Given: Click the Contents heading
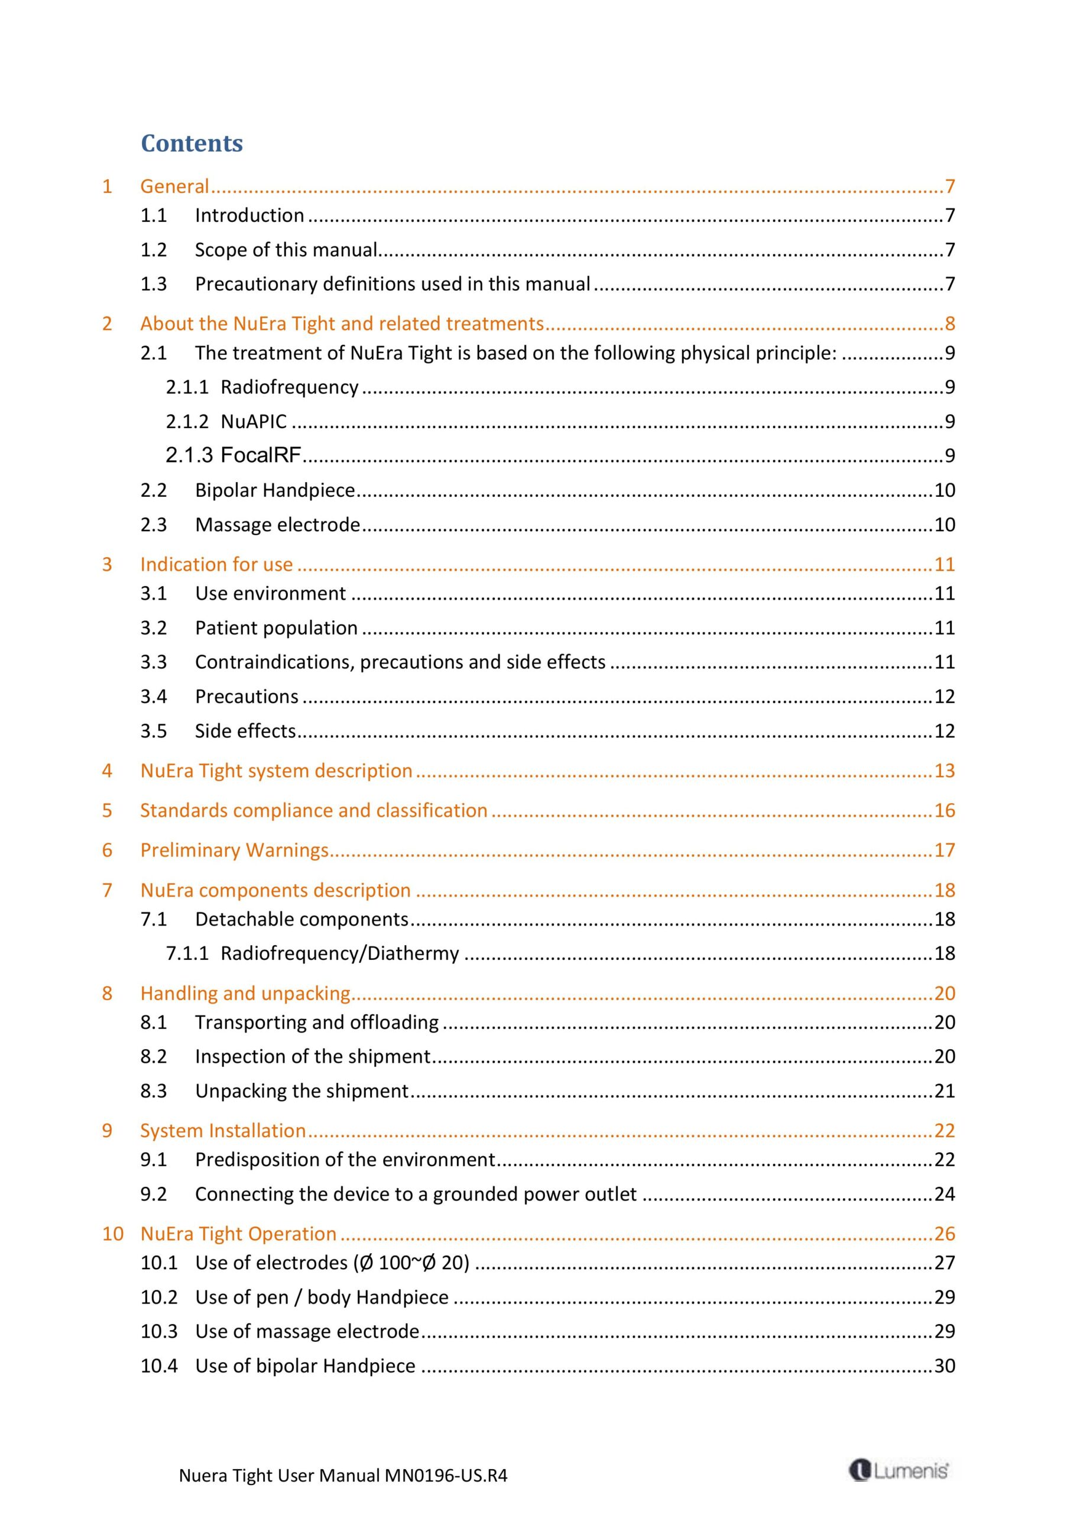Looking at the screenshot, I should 192,143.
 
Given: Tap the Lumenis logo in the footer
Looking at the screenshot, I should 899,1470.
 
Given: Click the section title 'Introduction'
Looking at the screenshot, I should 249,216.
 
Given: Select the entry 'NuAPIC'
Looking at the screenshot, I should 254,421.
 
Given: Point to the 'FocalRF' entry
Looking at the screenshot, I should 261,455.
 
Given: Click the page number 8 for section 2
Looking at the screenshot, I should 949,323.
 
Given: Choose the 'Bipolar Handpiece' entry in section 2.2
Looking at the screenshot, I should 275,490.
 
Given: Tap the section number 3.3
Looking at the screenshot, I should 153,662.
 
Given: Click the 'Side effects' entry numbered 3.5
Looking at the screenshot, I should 245,730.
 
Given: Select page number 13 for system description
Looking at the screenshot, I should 944,771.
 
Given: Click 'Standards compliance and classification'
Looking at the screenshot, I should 314,810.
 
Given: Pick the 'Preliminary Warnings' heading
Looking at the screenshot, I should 234,850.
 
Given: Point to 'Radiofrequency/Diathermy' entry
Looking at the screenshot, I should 339,953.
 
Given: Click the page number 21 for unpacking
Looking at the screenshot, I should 944,1091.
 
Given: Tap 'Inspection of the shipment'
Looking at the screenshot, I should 313,1056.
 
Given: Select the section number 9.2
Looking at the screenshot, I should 153,1194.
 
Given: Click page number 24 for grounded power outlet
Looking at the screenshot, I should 944,1194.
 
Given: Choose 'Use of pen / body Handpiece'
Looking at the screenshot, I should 322,1297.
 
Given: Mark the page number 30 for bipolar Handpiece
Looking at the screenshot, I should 944,1366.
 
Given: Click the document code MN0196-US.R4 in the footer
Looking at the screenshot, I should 446,1475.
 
